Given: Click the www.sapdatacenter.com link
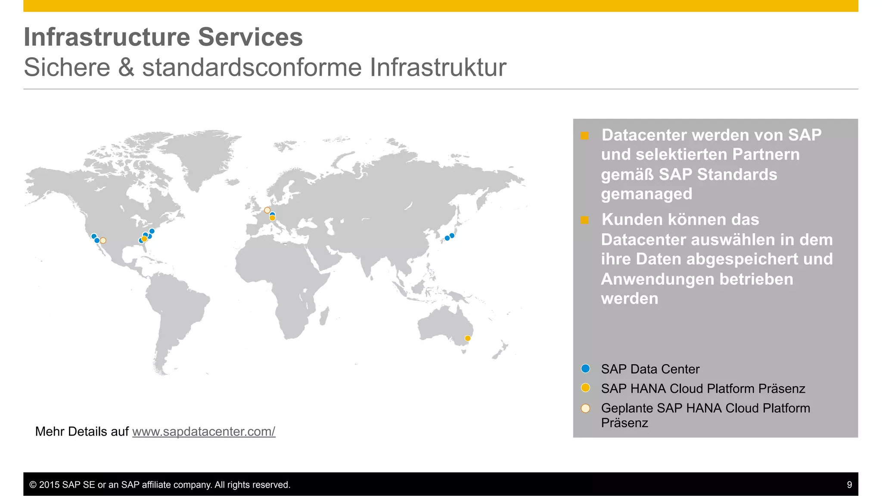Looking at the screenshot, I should coord(203,431).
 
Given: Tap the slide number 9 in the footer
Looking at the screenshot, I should coord(849,485).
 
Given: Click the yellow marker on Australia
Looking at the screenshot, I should coord(468,338).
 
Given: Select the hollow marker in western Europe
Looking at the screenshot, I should coord(267,210).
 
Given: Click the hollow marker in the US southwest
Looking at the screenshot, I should coord(103,241).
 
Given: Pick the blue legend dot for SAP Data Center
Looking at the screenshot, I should coord(585,369).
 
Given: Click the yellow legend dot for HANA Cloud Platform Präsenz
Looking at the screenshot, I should coord(585,388).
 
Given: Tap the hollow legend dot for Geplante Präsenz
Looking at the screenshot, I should coord(585,408).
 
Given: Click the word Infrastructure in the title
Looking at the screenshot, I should coord(107,37).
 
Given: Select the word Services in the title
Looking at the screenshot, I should coord(250,37).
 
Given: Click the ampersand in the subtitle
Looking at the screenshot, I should coord(126,68).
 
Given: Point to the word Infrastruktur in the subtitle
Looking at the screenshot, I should coord(438,68).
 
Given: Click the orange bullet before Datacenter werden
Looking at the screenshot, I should coord(584,136).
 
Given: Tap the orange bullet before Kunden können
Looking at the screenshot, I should coord(584,220).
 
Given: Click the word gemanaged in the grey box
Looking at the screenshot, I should coord(646,194).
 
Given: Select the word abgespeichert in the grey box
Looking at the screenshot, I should coord(755,259).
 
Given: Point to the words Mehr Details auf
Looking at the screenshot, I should coord(82,431).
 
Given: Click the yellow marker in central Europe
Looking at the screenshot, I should coord(272,218).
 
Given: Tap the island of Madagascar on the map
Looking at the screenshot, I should coord(324,315).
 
